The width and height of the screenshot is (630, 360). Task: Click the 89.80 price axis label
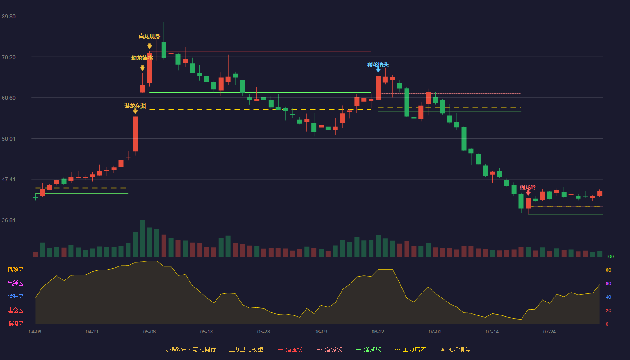tap(9, 16)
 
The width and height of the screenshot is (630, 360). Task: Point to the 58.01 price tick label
tap(9, 139)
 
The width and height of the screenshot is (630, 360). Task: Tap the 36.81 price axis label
tap(9, 220)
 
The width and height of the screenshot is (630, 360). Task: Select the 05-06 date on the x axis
tap(149, 332)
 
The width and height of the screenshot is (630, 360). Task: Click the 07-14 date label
tap(492, 332)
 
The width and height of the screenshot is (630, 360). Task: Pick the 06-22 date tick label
tap(378, 332)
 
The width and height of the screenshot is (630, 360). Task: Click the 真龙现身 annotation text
tap(149, 36)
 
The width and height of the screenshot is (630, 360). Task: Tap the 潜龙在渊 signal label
tap(135, 106)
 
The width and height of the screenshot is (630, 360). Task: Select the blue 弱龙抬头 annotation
tap(378, 64)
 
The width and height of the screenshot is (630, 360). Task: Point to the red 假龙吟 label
tap(528, 187)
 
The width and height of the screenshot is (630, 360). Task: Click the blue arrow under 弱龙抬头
tap(378, 70)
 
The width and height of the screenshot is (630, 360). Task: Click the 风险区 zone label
tap(15, 270)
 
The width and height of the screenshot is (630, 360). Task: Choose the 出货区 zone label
tap(15, 283)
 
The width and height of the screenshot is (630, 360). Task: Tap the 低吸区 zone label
tap(15, 324)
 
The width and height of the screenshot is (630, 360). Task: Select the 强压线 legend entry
tap(290, 349)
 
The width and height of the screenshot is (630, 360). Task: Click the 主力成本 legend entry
tap(410, 349)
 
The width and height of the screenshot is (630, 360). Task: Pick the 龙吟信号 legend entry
tap(455, 349)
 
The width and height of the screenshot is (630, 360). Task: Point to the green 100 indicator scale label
tap(610, 256)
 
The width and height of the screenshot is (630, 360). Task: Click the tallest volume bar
tap(142, 238)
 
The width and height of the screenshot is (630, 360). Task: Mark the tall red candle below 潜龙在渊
tap(135, 134)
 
